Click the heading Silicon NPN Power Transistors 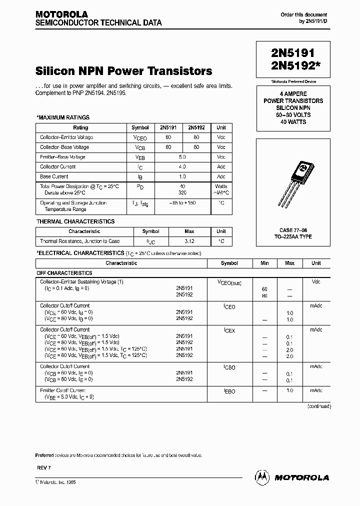coord(124,71)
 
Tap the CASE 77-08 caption coord(293,230)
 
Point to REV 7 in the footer coord(44,466)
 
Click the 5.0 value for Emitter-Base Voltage coord(182,157)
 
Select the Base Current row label coord(54,176)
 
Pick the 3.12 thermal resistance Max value coord(189,241)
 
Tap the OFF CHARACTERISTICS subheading coord(64,273)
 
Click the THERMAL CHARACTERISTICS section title coord(75,221)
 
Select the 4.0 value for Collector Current coord(182,166)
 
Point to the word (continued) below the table coord(318,406)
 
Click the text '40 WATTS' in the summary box coord(293,122)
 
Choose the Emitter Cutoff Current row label coord(63,390)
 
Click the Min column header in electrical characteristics coord(264,263)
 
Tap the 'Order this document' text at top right coord(303,14)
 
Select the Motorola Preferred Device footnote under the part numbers coord(293,81)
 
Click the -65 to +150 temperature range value coord(182,203)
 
